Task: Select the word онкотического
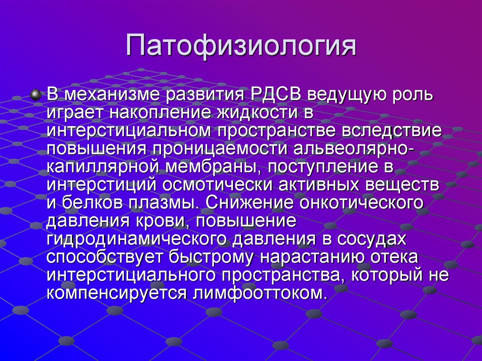point(365,203)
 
